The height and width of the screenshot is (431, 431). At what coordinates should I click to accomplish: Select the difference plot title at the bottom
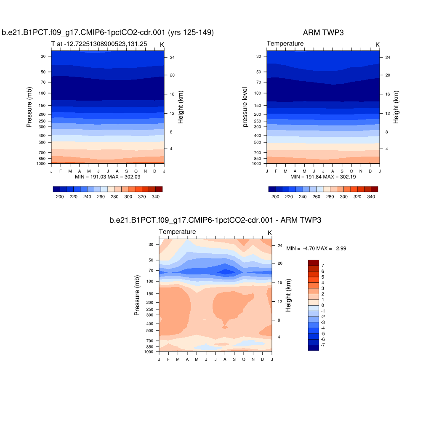pos(215,220)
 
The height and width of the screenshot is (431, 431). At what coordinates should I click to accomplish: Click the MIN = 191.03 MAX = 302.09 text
pos(107,177)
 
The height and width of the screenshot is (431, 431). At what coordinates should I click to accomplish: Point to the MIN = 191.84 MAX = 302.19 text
pos(323,177)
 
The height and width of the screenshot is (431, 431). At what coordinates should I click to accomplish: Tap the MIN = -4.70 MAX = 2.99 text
pos(316,248)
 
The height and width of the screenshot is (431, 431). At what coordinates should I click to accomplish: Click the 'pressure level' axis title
pos(245,107)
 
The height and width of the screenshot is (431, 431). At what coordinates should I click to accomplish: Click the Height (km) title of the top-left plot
pos(180,107)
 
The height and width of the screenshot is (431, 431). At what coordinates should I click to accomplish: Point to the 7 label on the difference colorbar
pos(322,266)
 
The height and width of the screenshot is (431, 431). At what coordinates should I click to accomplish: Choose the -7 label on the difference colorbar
pos(323,345)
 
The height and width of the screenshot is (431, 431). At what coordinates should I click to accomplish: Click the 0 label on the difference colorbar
pos(322,305)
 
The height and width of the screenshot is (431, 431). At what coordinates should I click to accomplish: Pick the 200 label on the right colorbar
pos(275,197)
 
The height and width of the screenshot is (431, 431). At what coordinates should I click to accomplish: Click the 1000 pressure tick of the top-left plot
pos(44,163)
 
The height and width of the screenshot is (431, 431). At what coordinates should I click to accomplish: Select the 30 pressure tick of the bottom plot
pos(151,244)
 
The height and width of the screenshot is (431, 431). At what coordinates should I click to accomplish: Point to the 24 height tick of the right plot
pos(388,57)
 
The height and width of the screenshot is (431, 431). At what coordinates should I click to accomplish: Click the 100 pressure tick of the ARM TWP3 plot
pos(258,93)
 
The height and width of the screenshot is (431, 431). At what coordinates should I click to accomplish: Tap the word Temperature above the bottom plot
pos(177,232)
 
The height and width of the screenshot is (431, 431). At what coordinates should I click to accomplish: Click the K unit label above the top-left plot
pos(162,45)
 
